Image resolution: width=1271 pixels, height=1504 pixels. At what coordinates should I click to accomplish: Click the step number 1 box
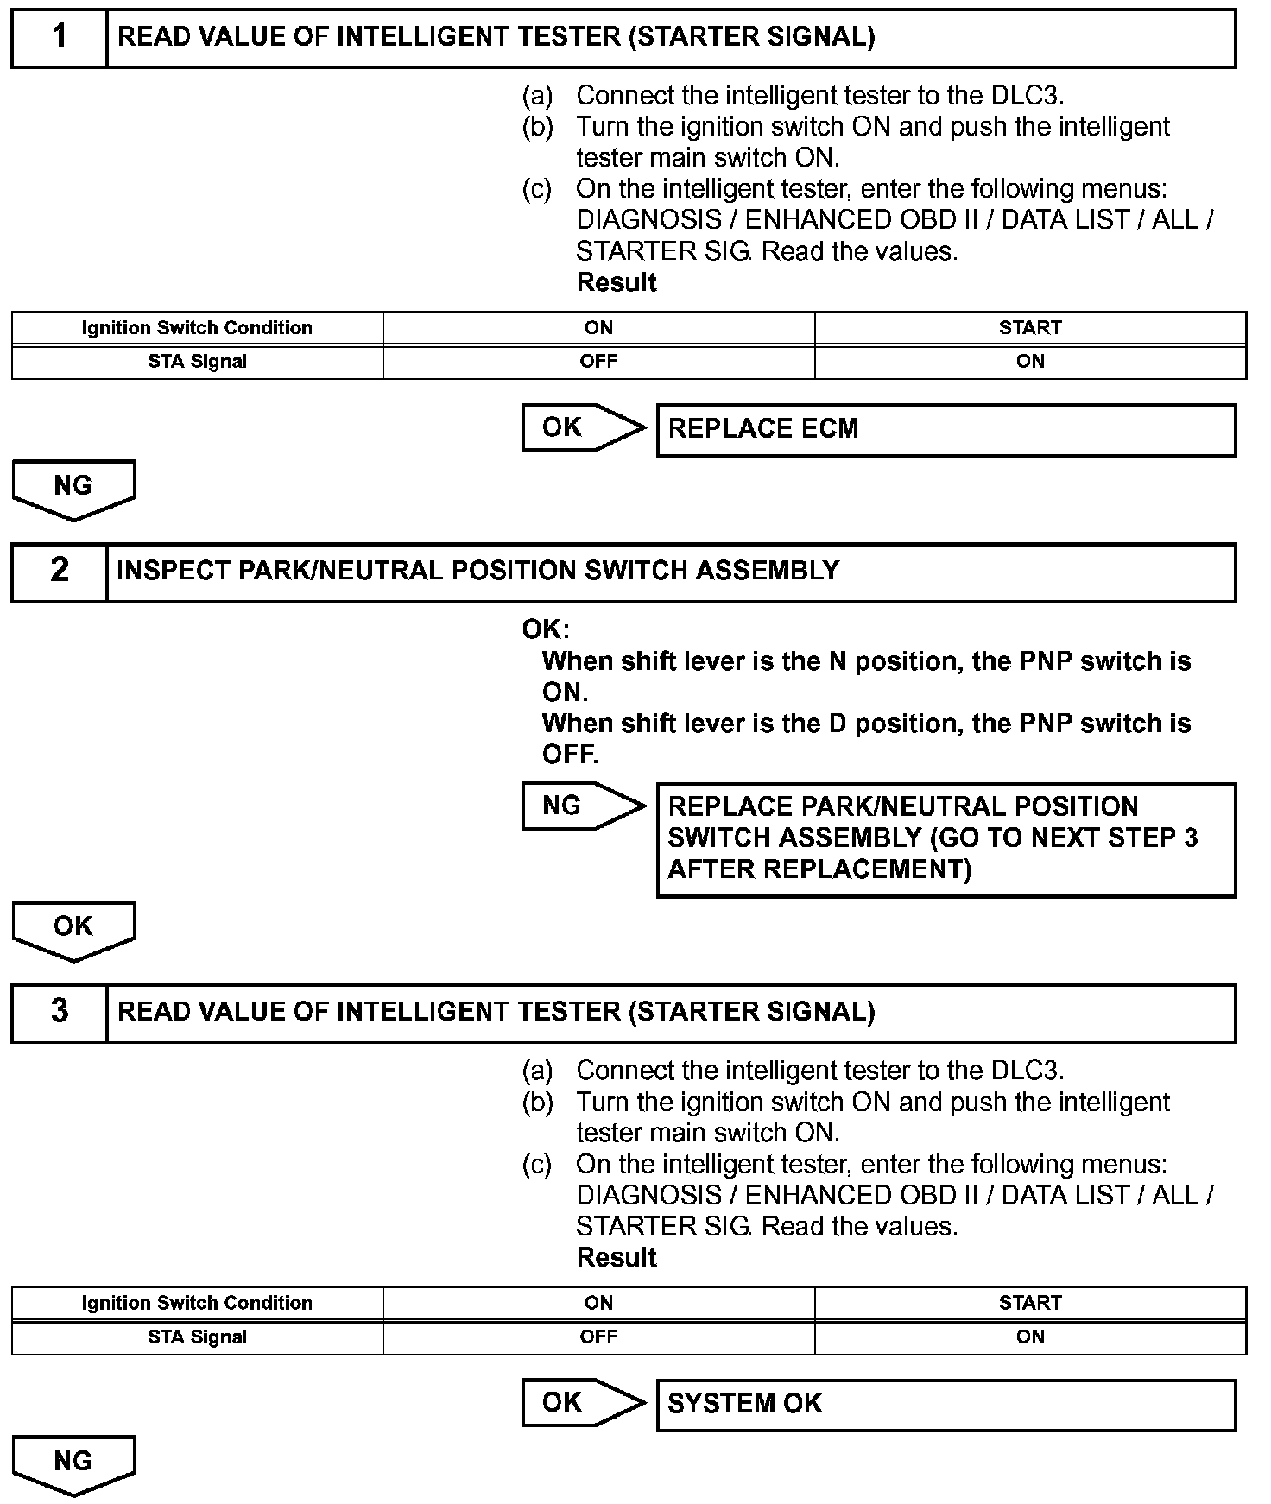coord(59,38)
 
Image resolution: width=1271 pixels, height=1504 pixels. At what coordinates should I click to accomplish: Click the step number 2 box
coord(59,572)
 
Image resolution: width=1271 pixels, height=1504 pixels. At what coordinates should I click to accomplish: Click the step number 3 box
coord(59,1012)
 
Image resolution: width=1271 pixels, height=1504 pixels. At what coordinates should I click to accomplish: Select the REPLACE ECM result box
coord(945,430)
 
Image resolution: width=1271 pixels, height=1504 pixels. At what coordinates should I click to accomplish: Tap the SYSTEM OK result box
coord(945,1405)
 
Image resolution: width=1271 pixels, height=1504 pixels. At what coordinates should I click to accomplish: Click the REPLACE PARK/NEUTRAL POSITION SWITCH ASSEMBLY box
coord(945,839)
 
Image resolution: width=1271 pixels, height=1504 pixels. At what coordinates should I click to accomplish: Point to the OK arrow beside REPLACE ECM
coord(582,427)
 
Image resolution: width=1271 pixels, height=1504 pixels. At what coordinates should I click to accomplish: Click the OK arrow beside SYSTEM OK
coord(582,1403)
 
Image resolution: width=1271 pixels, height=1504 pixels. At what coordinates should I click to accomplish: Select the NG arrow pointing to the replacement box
coord(582,806)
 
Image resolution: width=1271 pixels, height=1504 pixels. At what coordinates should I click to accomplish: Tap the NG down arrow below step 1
coord(73,488)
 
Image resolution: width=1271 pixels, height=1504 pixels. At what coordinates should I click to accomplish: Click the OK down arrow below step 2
coord(73,929)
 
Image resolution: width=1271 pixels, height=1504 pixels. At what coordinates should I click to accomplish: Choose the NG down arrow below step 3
coord(73,1463)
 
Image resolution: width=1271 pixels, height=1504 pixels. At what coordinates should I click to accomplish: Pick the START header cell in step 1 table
coord(1029,328)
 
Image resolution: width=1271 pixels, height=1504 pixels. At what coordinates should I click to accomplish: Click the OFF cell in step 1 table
coord(598,362)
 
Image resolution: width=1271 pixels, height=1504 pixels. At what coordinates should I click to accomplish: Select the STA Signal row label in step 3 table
coord(197,1337)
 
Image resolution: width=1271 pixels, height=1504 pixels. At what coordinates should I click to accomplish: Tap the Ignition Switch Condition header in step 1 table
coord(197,328)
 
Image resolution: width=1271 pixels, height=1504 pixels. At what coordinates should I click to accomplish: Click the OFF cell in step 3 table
coord(598,1337)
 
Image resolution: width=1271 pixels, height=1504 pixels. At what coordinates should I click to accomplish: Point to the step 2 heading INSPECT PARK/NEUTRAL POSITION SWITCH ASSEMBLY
coord(477,572)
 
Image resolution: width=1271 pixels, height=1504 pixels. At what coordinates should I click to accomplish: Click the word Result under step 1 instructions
coord(617,283)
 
